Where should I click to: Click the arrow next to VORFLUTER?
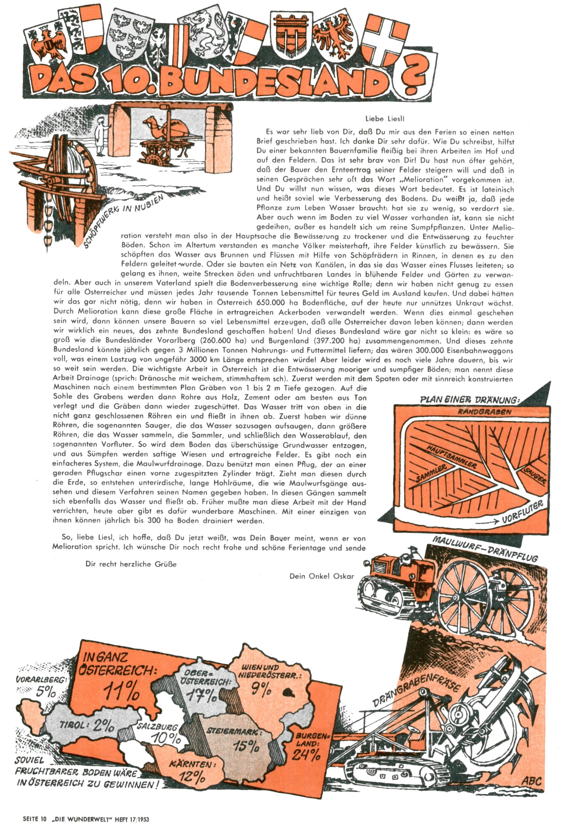click(x=488, y=522)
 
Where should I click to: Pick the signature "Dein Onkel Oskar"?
click(x=321, y=576)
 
